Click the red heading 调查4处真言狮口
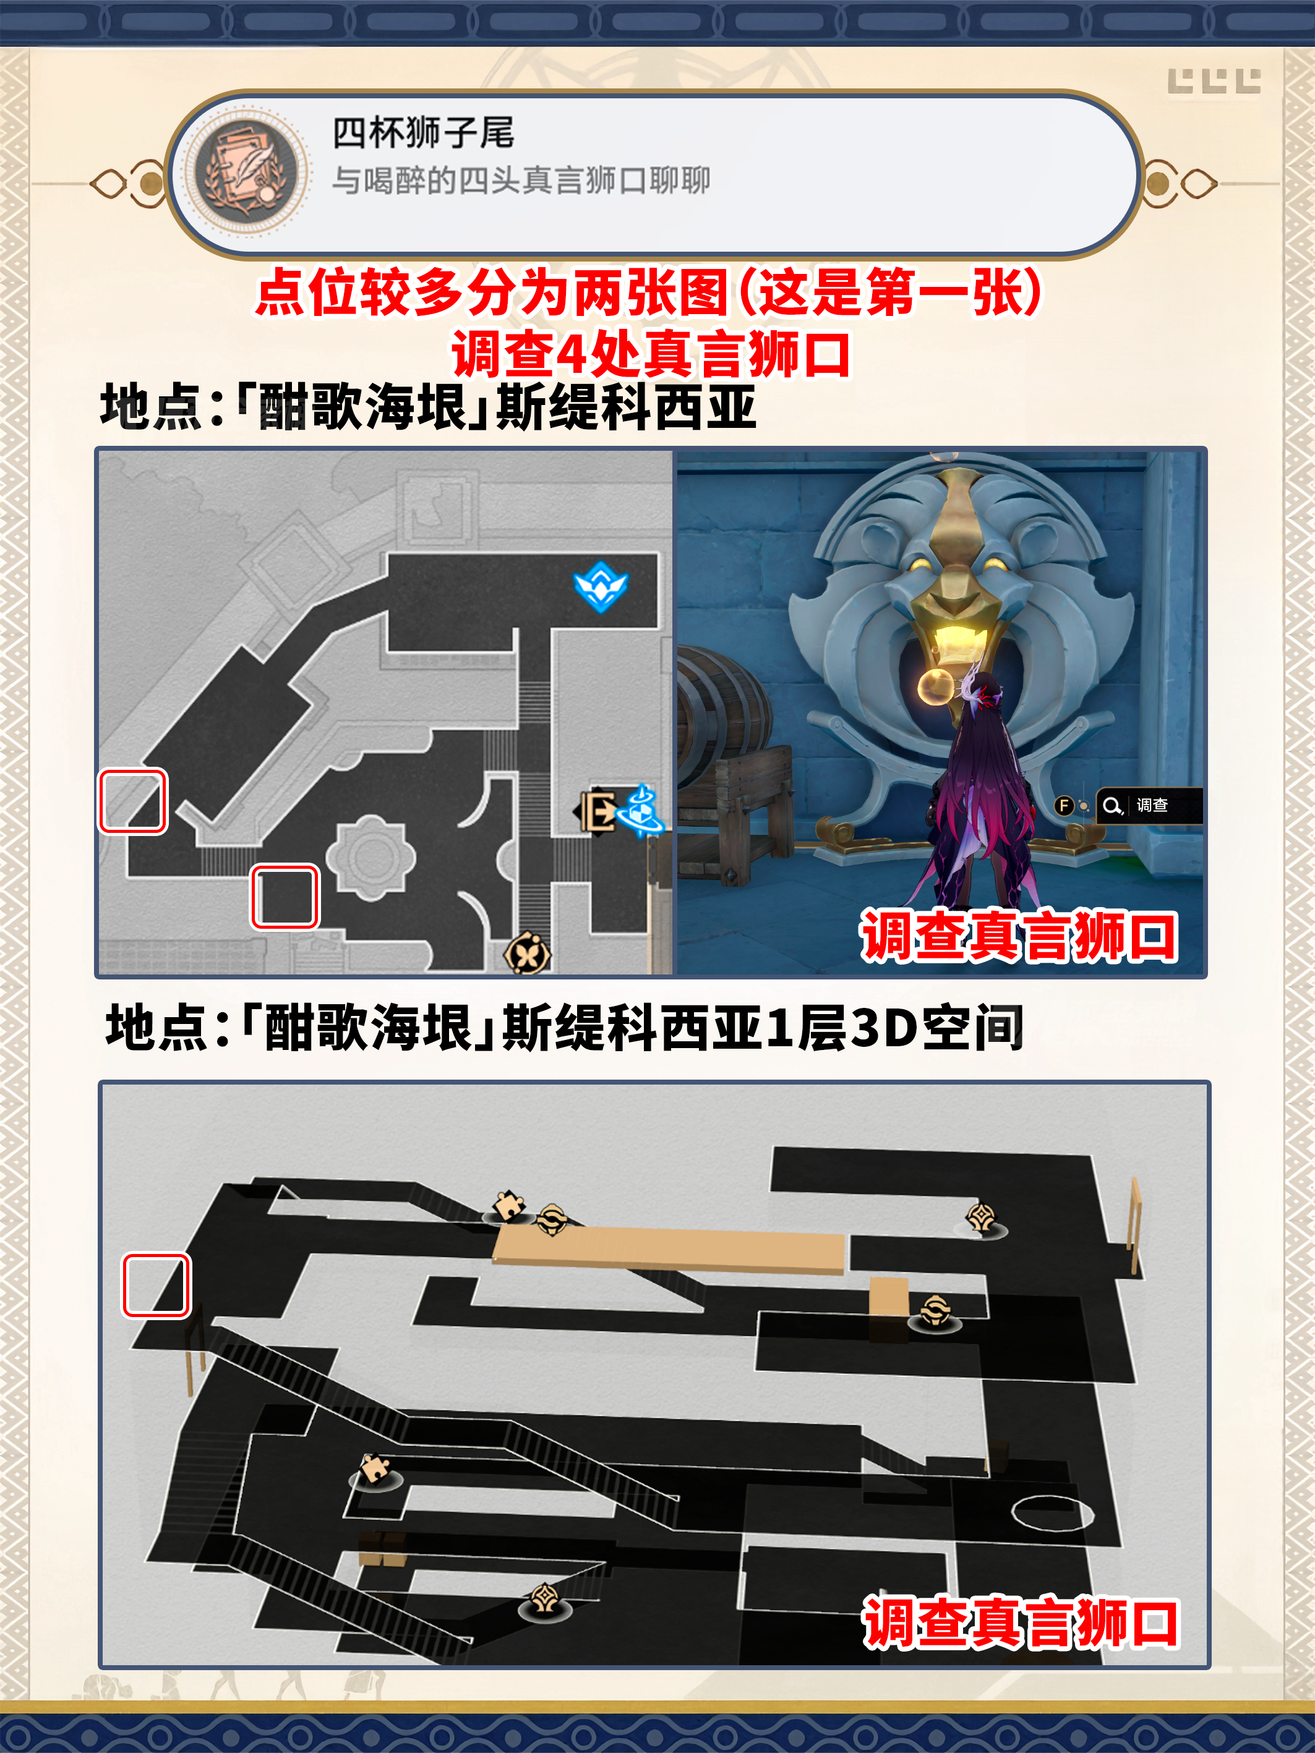pyautogui.click(x=651, y=354)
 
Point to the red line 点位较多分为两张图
pyautogui.click(x=492, y=292)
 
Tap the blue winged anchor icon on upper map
pyautogui.click(x=600, y=586)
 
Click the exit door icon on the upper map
pyautogui.click(x=596, y=811)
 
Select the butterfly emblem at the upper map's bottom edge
pyautogui.click(x=527, y=953)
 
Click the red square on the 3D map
pyautogui.click(x=156, y=1286)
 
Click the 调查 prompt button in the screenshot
pyautogui.click(x=1149, y=805)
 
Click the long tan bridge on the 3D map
pyautogui.click(x=669, y=1250)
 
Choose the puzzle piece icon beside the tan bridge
pyautogui.click(x=508, y=1205)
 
